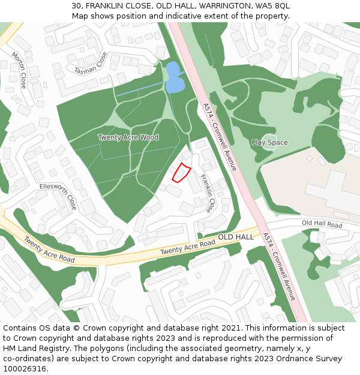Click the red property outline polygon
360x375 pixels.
(181, 172)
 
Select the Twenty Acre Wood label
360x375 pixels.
(128, 137)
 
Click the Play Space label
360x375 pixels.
(269, 142)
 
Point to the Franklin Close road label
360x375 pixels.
(207, 193)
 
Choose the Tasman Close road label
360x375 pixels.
(91, 63)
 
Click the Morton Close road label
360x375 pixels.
(19, 70)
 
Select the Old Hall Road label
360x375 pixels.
(322, 224)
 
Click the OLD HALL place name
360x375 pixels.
(236, 237)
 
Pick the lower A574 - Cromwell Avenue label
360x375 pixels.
(279, 267)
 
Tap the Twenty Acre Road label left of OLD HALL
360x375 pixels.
(187, 247)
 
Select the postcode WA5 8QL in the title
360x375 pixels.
(274, 5)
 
